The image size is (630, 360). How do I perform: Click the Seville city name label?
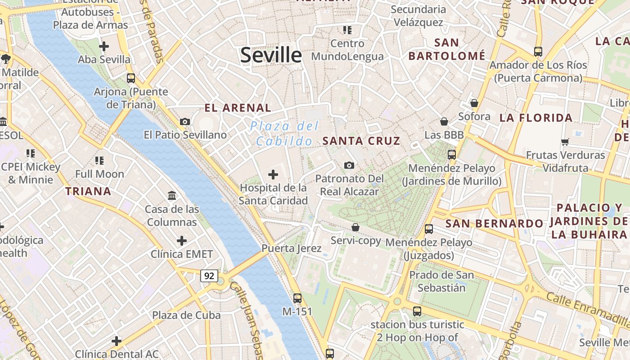271,55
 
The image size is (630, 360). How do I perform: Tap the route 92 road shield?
209,275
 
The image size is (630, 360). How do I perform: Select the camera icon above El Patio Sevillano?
184,121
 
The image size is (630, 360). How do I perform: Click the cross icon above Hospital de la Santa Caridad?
273,175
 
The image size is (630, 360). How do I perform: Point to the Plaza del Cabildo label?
284,133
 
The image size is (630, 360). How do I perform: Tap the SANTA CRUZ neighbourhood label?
361,141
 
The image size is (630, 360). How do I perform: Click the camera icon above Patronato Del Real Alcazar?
349,166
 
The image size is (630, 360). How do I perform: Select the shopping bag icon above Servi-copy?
355,227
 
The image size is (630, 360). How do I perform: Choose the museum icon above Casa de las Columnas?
172,196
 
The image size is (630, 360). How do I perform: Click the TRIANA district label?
88,191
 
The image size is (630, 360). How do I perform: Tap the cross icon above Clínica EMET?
182,241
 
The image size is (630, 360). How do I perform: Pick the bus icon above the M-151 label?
297,298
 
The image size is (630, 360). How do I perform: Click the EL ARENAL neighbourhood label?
238,108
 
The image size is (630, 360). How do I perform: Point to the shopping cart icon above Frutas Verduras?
565,142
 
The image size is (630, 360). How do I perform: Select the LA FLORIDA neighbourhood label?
536,118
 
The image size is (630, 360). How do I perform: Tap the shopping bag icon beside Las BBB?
444,121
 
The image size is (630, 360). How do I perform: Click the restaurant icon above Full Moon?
99,160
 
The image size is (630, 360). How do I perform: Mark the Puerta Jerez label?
292,248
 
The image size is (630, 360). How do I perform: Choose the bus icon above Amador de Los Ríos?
538,51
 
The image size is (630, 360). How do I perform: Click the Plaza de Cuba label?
186,315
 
